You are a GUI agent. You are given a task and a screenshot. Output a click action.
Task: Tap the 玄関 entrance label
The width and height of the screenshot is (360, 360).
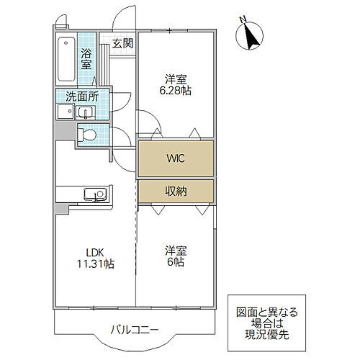[122, 43]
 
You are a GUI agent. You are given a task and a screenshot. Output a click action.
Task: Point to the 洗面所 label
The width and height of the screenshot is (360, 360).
[83, 96]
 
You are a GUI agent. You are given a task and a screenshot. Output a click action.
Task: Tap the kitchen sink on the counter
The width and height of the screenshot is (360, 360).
[94, 194]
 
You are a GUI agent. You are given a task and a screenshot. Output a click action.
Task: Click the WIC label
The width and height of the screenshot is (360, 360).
[176, 158]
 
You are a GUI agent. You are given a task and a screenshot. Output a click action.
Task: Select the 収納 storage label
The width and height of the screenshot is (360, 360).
[176, 191]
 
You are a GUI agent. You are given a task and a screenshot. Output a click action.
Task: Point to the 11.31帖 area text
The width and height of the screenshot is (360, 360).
[95, 264]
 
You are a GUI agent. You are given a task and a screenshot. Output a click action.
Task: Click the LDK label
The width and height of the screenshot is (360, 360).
[96, 252]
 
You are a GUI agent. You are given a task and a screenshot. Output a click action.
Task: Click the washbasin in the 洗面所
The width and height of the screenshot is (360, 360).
[85, 112]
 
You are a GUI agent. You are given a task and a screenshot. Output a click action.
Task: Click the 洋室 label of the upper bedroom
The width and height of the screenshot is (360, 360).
[176, 79]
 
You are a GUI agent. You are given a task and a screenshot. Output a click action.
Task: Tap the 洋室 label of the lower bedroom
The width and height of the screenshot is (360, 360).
[176, 251]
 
